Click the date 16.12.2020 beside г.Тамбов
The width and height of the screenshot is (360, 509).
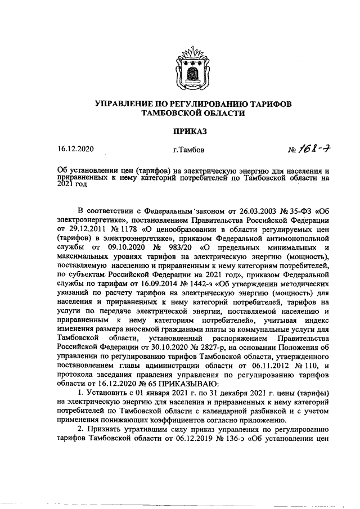[x=76, y=149]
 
